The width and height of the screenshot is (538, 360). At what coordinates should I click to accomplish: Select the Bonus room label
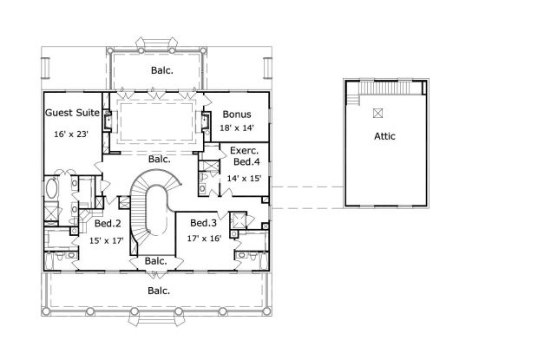coord(236,114)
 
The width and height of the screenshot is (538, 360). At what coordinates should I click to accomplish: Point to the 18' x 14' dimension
coord(236,127)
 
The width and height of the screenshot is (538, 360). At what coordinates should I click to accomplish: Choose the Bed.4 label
coord(245,161)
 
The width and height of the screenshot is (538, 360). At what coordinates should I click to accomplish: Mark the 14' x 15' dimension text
coord(244,178)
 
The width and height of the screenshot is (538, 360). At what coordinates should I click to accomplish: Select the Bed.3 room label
coord(204,222)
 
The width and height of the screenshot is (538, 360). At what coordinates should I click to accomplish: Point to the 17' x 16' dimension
coord(204,237)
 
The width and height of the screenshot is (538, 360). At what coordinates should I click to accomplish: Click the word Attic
coord(386,136)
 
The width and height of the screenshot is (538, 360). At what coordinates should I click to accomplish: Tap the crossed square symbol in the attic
coord(377,113)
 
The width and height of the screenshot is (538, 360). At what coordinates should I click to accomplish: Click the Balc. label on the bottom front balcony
coord(158,291)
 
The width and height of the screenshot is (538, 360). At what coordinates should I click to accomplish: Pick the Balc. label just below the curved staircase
coord(156,260)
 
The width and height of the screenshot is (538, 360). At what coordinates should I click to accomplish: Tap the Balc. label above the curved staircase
coord(158,159)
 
